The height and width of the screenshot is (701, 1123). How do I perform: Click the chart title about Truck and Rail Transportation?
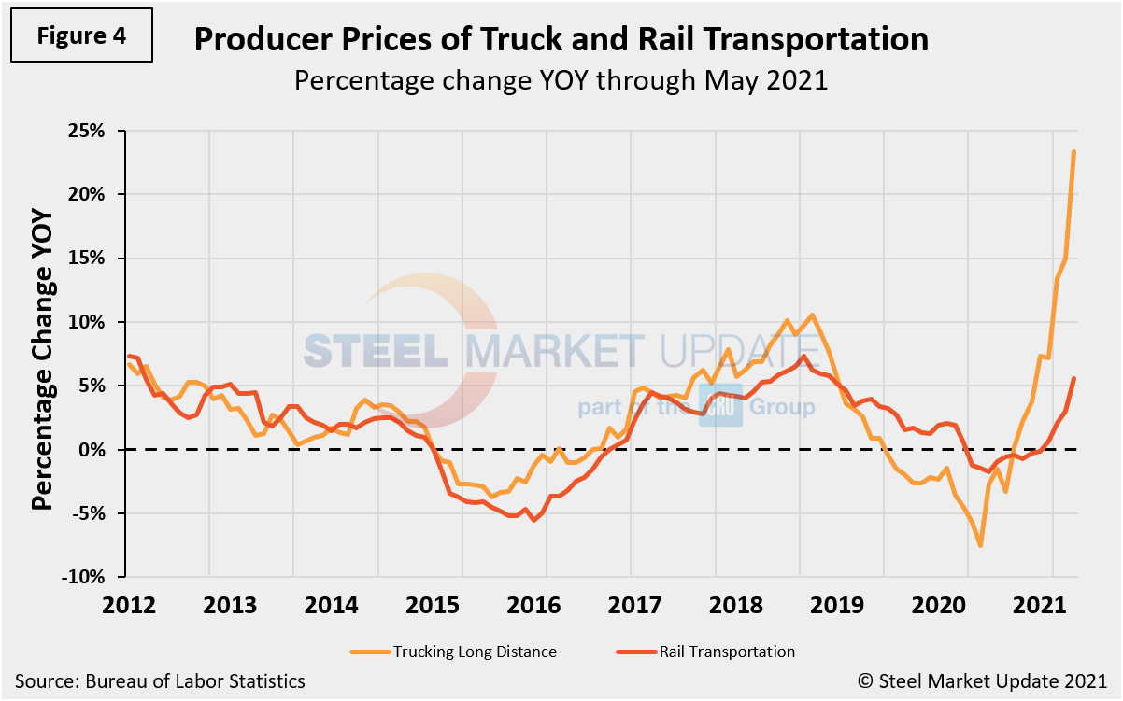(561, 39)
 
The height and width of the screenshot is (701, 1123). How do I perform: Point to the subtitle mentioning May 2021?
(561, 80)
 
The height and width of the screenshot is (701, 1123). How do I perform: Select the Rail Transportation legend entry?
(725, 652)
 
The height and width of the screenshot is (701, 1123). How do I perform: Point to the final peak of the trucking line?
(1073, 151)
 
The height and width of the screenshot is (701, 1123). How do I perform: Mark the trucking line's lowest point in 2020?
(980, 545)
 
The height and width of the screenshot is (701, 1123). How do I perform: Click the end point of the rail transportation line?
(1073, 379)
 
